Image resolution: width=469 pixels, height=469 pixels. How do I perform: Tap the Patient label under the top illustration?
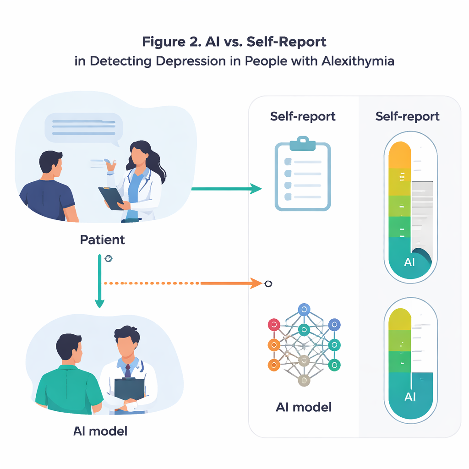[x=103, y=240]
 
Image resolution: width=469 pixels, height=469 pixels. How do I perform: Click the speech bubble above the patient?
[x=83, y=127]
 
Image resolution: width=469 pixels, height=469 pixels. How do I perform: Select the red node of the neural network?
[x=273, y=325]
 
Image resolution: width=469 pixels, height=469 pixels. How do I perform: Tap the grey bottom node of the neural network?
[x=303, y=380]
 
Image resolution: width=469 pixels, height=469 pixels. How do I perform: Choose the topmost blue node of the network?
[x=303, y=310]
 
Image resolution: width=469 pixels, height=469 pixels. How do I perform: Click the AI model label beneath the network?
[x=304, y=407]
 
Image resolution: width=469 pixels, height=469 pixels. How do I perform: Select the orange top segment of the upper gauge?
[x=400, y=154]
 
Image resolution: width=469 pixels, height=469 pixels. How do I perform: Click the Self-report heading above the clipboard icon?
[x=303, y=117]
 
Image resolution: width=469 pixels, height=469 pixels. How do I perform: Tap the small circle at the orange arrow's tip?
[x=268, y=284]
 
